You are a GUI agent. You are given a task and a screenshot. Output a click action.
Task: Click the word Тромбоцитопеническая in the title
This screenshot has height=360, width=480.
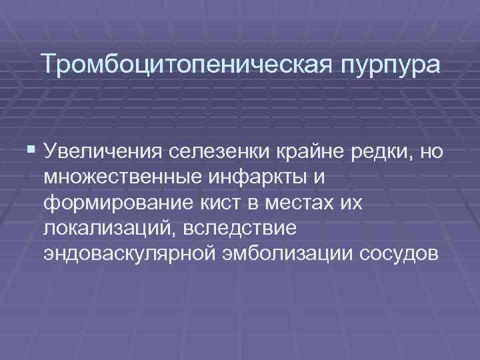179,65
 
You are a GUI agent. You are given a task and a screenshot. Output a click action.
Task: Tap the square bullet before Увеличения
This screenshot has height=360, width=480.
33,151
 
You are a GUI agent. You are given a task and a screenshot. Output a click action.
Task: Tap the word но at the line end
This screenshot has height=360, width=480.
431,153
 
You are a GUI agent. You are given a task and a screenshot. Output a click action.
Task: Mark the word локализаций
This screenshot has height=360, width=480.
106,229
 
